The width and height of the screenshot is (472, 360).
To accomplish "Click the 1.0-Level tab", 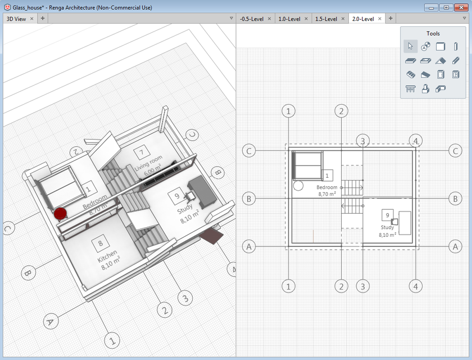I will point(290,19).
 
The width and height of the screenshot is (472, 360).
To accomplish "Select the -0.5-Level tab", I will point(251,19).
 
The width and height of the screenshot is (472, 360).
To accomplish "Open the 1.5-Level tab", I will point(326,19).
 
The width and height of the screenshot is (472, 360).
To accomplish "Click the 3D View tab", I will point(16,19).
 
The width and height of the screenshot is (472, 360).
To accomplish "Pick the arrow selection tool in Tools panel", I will point(410,46).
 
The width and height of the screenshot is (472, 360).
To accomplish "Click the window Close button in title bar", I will point(460,7).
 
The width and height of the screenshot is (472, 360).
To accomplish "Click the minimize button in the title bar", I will point(432,7).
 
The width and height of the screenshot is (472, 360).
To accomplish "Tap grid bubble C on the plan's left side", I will point(249,150).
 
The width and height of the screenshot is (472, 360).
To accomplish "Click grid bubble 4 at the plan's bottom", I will point(415,286).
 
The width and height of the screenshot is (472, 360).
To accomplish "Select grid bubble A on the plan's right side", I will point(455,246).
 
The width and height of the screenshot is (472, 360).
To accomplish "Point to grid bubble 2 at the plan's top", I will point(341,111).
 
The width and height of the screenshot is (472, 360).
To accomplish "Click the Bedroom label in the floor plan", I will point(327,187).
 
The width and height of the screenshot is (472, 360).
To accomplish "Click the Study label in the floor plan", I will point(387,228).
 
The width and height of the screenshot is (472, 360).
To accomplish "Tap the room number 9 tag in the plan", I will point(387,215).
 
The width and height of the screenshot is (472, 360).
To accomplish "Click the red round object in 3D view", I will point(60,213).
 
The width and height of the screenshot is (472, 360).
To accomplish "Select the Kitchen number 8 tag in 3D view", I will point(101,244).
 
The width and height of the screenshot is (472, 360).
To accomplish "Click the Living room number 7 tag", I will point(142,152).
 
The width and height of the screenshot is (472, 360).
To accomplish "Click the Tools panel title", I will point(433,34).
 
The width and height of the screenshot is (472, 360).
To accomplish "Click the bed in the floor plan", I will point(307,165).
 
